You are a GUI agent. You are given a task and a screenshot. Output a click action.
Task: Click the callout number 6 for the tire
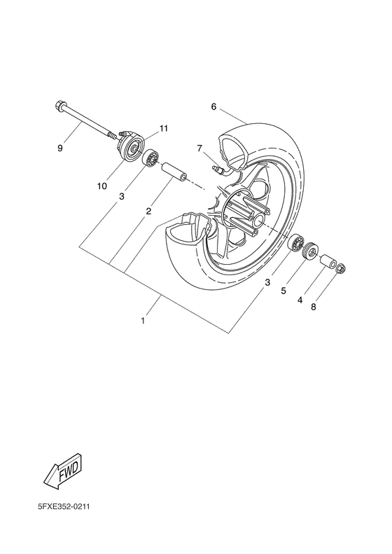(x=213, y=106)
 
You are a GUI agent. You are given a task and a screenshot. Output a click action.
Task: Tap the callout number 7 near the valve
(x=199, y=148)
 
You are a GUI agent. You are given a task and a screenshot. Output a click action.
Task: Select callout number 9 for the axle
(x=60, y=148)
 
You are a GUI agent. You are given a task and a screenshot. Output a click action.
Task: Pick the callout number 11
(x=163, y=128)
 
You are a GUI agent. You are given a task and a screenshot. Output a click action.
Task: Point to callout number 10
(x=102, y=186)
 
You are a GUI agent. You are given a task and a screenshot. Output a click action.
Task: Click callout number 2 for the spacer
(x=148, y=212)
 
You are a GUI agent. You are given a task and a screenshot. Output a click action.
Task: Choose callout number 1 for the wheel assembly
(x=143, y=321)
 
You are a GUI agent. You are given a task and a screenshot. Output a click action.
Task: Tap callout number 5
(x=283, y=291)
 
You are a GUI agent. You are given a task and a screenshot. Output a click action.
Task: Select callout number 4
(x=300, y=300)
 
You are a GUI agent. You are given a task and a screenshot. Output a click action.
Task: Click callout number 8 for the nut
(x=313, y=307)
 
